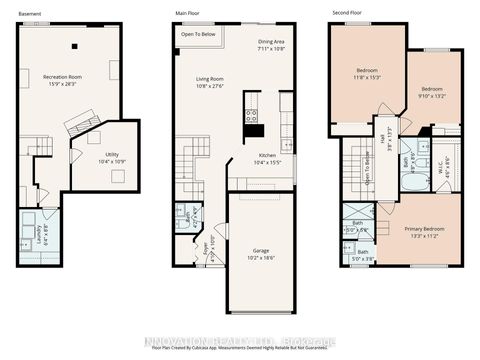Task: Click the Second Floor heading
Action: pyautogui.click(x=345, y=13)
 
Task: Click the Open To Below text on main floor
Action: pyautogui.click(x=199, y=35)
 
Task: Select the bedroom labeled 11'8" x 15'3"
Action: pyautogui.click(x=366, y=73)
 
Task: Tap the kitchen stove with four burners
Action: pyautogui.click(x=251, y=113)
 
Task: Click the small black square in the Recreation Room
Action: pyautogui.click(x=74, y=45)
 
